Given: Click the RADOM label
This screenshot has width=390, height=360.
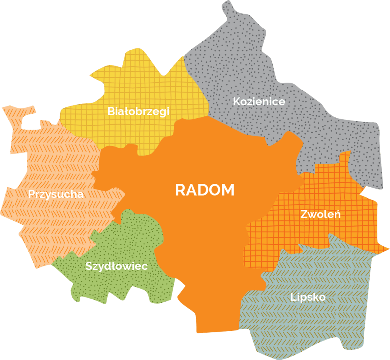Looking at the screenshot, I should point(205,190).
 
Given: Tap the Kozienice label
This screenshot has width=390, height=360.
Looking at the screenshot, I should point(259,102).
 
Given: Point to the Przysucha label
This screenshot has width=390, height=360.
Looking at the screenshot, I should point(56,194).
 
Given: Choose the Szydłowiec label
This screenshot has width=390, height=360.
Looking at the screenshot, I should point(116,266).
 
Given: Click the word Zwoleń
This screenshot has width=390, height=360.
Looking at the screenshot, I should point(321,214).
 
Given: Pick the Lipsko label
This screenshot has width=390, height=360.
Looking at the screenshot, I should point(308,297).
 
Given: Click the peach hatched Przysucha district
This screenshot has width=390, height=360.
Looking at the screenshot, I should point(45,159).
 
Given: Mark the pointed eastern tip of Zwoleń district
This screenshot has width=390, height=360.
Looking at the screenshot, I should point(388,249).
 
